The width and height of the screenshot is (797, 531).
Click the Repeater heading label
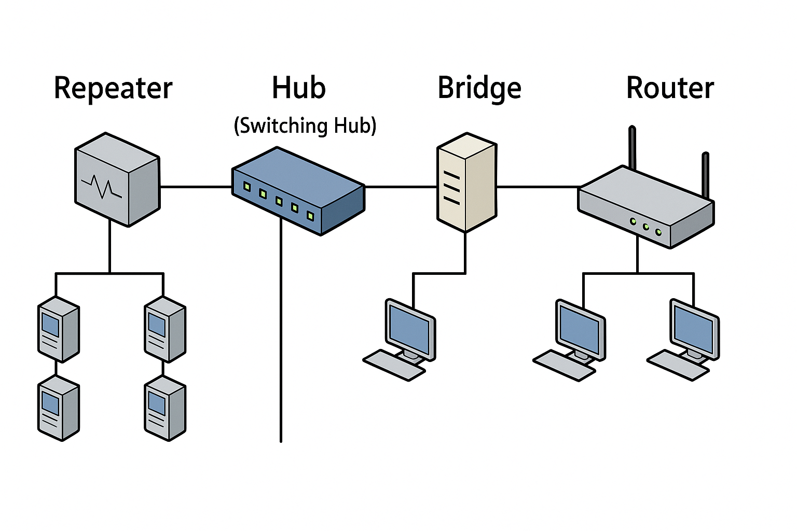pyautogui.click(x=113, y=88)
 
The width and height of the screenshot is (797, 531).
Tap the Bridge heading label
pyautogui.click(x=479, y=88)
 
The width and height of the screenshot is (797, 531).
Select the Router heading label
pyautogui.click(x=670, y=88)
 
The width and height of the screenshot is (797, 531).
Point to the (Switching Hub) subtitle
pyautogui.click(x=305, y=126)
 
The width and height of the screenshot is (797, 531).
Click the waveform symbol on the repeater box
pyautogui.click(x=102, y=186)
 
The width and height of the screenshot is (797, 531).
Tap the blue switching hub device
pyautogui.click(x=298, y=191)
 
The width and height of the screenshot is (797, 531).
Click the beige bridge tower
pyautogui.click(x=466, y=183)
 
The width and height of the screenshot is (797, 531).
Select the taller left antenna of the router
pyautogui.click(x=633, y=148)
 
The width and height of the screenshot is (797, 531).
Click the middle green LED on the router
pyautogui.click(x=646, y=227)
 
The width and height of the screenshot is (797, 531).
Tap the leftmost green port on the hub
pyautogui.click(x=247, y=187)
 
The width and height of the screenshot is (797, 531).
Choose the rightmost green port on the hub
pyautogui.click(x=310, y=216)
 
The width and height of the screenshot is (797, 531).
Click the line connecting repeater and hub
pyautogui.click(x=196, y=186)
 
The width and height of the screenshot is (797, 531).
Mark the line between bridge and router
pyautogui.click(x=539, y=186)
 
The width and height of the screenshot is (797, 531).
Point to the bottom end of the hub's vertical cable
pyautogui.click(x=281, y=441)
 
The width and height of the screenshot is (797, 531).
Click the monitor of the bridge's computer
pyautogui.click(x=410, y=329)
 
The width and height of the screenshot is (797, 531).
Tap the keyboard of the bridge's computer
pyautogui.click(x=394, y=365)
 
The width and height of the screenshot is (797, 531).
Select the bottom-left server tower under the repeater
pyautogui.click(x=58, y=408)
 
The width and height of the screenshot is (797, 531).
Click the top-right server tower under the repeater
pyautogui.click(x=164, y=329)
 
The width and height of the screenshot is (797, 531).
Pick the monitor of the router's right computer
pyautogui.click(x=695, y=329)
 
